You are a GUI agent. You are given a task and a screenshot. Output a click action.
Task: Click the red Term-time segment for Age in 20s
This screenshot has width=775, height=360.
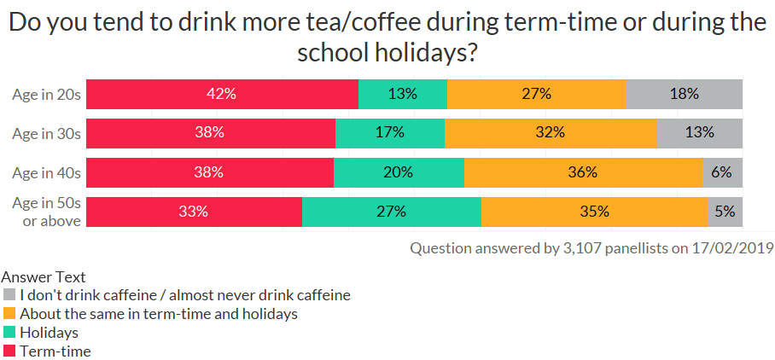(222, 94)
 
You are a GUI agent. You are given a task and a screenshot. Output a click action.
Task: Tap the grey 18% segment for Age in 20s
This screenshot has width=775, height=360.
(684, 94)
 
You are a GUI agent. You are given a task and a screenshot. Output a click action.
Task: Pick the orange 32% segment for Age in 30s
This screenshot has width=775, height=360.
(551, 133)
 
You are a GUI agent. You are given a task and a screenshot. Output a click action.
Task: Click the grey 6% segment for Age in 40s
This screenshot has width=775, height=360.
(722, 172)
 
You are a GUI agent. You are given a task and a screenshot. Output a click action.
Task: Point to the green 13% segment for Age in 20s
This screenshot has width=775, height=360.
(402, 94)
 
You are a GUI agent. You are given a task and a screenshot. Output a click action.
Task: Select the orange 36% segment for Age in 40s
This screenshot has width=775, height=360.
(583, 172)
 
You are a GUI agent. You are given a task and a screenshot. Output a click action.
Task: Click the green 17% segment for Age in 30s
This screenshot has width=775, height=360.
(390, 133)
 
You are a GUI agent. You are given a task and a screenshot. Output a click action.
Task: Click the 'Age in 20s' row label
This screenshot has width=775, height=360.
(46, 95)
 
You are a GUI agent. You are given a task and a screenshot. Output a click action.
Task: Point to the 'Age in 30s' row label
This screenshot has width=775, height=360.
(46, 134)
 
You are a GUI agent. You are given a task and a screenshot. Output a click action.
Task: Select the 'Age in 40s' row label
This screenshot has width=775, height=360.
(46, 173)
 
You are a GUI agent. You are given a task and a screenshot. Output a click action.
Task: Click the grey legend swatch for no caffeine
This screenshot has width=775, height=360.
(9, 296)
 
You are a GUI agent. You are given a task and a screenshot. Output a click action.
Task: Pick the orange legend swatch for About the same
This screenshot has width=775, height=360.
(9, 314)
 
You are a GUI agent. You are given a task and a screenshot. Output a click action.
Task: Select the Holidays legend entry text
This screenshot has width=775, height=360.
(49, 333)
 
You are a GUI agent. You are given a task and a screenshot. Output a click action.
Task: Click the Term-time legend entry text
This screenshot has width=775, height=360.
(55, 351)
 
